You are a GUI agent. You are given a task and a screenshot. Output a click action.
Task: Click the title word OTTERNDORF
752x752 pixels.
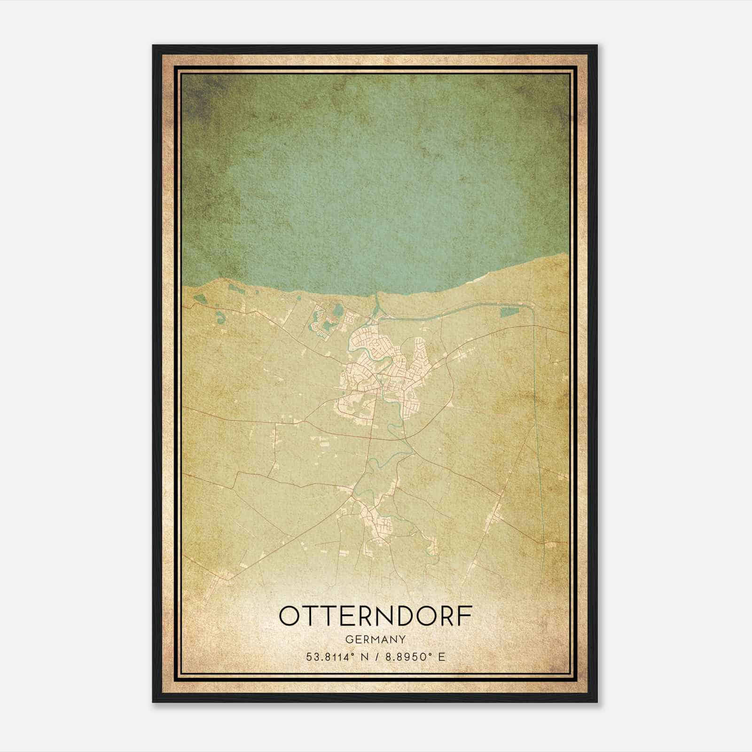[x=375, y=616]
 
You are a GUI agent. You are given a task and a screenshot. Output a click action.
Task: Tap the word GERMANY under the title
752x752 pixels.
[x=375, y=640]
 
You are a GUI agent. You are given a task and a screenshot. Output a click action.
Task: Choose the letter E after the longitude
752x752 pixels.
[x=441, y=657]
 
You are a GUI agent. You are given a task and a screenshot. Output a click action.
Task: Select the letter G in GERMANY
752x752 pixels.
[x=348, y=640]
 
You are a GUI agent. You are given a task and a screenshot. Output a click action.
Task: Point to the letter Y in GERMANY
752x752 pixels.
[x=402, y=640]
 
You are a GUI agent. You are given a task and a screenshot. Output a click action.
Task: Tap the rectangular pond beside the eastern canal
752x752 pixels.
[x=508, y=312]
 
